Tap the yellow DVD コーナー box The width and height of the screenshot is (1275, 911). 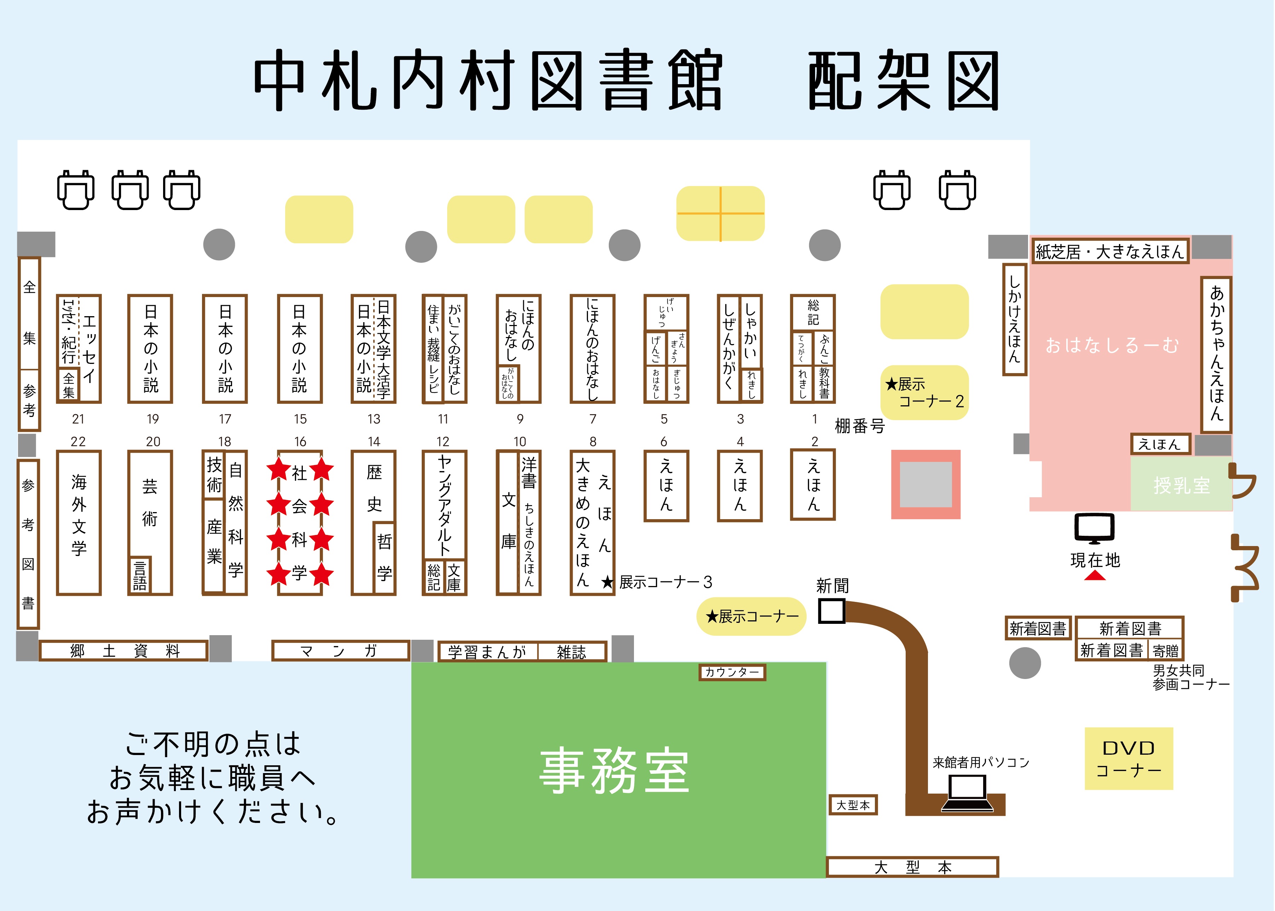coord(1129,759)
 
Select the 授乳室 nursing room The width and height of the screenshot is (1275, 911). coord(1181,484)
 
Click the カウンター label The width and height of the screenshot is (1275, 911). coord(732,672)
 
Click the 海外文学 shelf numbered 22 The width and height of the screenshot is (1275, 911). coord(79,522)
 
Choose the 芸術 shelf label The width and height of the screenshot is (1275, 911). coord(150,502)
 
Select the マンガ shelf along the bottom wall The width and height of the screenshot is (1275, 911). coord(340,651)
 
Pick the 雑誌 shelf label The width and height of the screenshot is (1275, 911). coord(571,652)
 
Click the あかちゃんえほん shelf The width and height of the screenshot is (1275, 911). coord(1216,353)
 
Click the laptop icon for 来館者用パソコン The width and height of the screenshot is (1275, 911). coord(967,793)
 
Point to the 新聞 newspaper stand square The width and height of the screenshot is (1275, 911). coord(831,611)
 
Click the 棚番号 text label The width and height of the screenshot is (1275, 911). coord(859,427)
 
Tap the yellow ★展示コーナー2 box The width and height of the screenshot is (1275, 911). coord(924,393)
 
